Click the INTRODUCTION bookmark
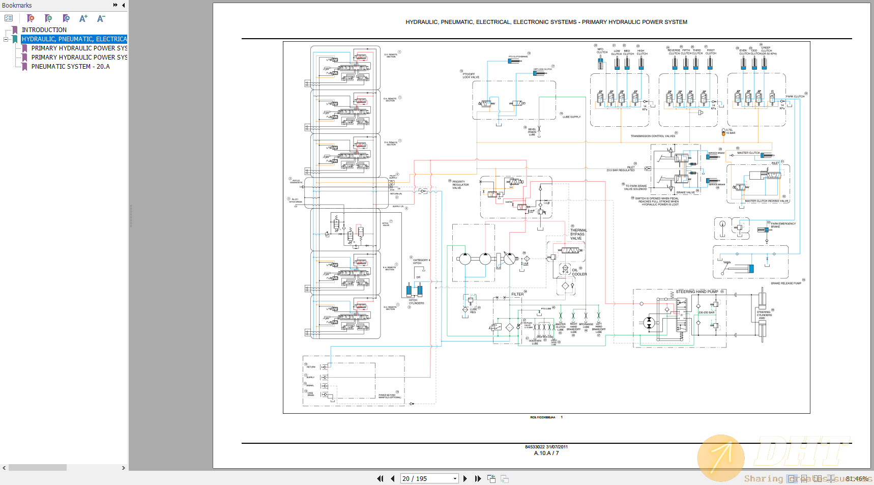(x=44, y=30)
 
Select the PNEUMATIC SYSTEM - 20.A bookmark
(x=70, y=67)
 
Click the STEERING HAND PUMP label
(x=696, y=292)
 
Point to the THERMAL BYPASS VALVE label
(x=578, y=234)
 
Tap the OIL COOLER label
(x=579, y=272)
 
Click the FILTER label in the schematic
(x=517, y=294)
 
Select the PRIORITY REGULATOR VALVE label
(x=460, y=185)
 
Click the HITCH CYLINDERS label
(x=416, y=302)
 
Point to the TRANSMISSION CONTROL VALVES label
(x=653, y=136)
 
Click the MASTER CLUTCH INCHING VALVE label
(x=766, y=201)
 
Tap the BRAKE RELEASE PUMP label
(x=785, y=283)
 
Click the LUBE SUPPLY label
(x=571, y=117)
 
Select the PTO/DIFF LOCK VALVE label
(x=471, y=76)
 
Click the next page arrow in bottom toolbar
(x=465, y=478)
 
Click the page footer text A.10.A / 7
(x=546, y=453)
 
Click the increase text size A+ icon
(x=83, y=18)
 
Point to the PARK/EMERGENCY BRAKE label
(x=783, y=225)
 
